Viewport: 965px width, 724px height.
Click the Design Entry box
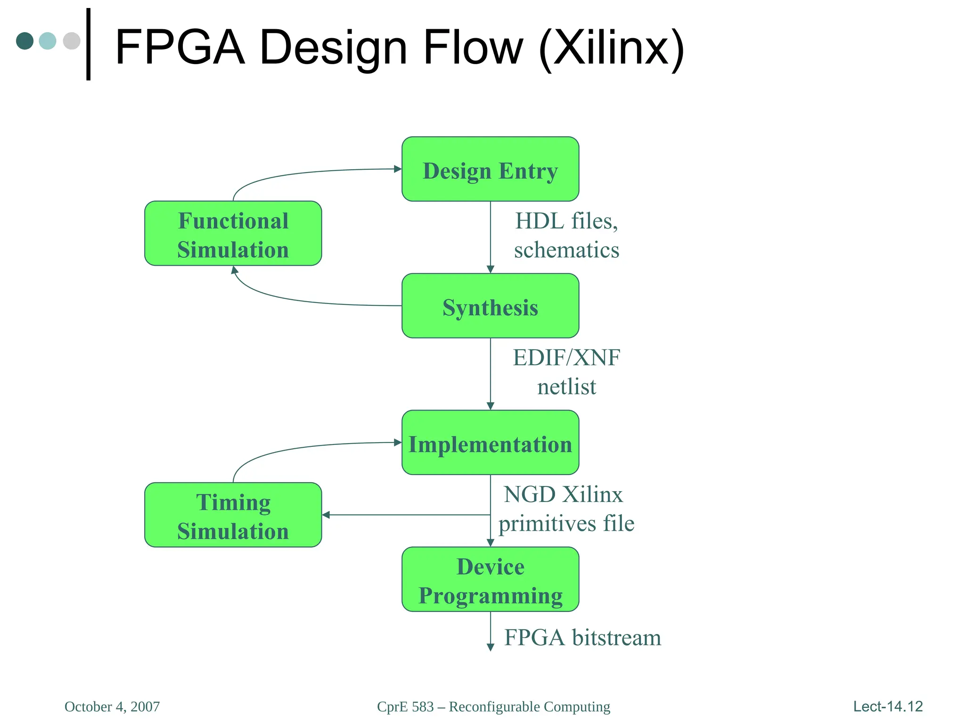(490, 169)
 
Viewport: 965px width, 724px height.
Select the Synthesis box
(490, 306)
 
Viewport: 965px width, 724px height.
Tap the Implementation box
(490, 443)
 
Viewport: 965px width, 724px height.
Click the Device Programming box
(490, 579)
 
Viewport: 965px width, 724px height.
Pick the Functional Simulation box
(233, 234)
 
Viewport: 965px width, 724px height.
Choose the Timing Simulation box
(233, 515)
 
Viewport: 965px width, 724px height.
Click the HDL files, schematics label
(566, 235)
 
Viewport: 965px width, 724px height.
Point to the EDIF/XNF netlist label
(566, 372)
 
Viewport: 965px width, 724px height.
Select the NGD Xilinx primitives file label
(566, 509)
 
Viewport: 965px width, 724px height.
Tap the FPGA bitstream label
(582, 638)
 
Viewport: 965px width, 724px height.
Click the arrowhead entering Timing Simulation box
(326, 515)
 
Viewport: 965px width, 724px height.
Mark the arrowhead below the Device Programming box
(490, 648)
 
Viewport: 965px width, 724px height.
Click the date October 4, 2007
(112, 707)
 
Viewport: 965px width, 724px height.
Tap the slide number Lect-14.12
(888, 707)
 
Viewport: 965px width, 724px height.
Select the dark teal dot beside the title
(25, 41)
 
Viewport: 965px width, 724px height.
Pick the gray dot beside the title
(72, 41)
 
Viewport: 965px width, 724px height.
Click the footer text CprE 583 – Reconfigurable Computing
(493, 707)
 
